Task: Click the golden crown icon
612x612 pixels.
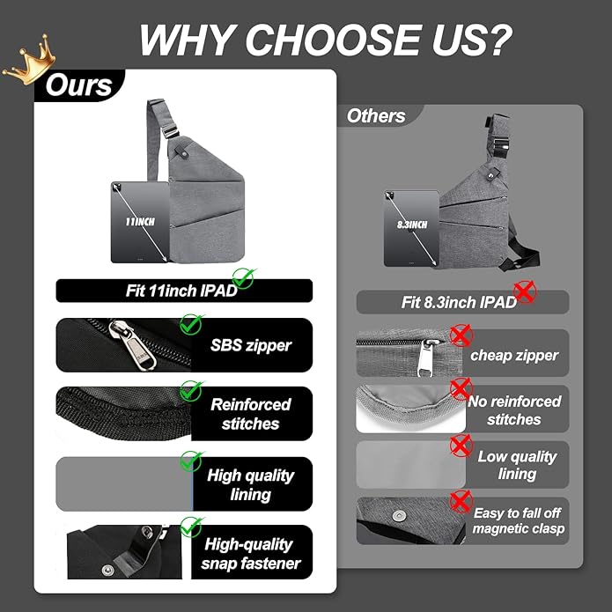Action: pyautogui.click(x=30, y=60)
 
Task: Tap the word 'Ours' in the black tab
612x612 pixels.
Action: pyautogui.click(x=79, y=85)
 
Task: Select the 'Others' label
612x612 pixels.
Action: pyautogui.click(x=376, y=116)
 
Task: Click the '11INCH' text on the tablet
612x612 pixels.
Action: pyautogui.click(x=140, y=222)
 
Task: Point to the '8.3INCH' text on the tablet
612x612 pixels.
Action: pyautogui.click(x=412, y=225)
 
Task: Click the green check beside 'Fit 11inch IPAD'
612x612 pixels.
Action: pyautogui.click(x=244, y=278)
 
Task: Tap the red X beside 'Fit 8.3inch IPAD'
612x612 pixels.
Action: pyautogui.click(x=525, y=292)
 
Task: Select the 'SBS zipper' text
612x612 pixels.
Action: pyautogui.click(x=251, y=345)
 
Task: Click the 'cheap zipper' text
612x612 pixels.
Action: pyautogui.click(x=514, y=356)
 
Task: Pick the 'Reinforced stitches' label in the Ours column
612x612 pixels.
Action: pyautogui.click(x=251, y=414)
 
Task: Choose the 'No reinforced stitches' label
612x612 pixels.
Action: pyautogui.click(x=514, y=410)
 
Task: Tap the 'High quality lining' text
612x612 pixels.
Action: pyautogui.click(x=251, y=485)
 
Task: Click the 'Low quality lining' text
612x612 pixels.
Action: pyautogui.click(x=517, y=465)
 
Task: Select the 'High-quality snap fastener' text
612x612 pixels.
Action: pyautogui.click(x=251, y=554)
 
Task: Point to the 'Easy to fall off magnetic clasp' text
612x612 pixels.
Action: pyautogui.click(x=518, y=520)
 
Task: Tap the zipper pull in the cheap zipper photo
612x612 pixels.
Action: pyautogui.click(x=426, y=358)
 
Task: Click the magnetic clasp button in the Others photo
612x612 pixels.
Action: pyautogui.click(x=399, y=516)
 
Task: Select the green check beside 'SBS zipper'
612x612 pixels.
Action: pyautogui.click(x=191, y=324)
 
